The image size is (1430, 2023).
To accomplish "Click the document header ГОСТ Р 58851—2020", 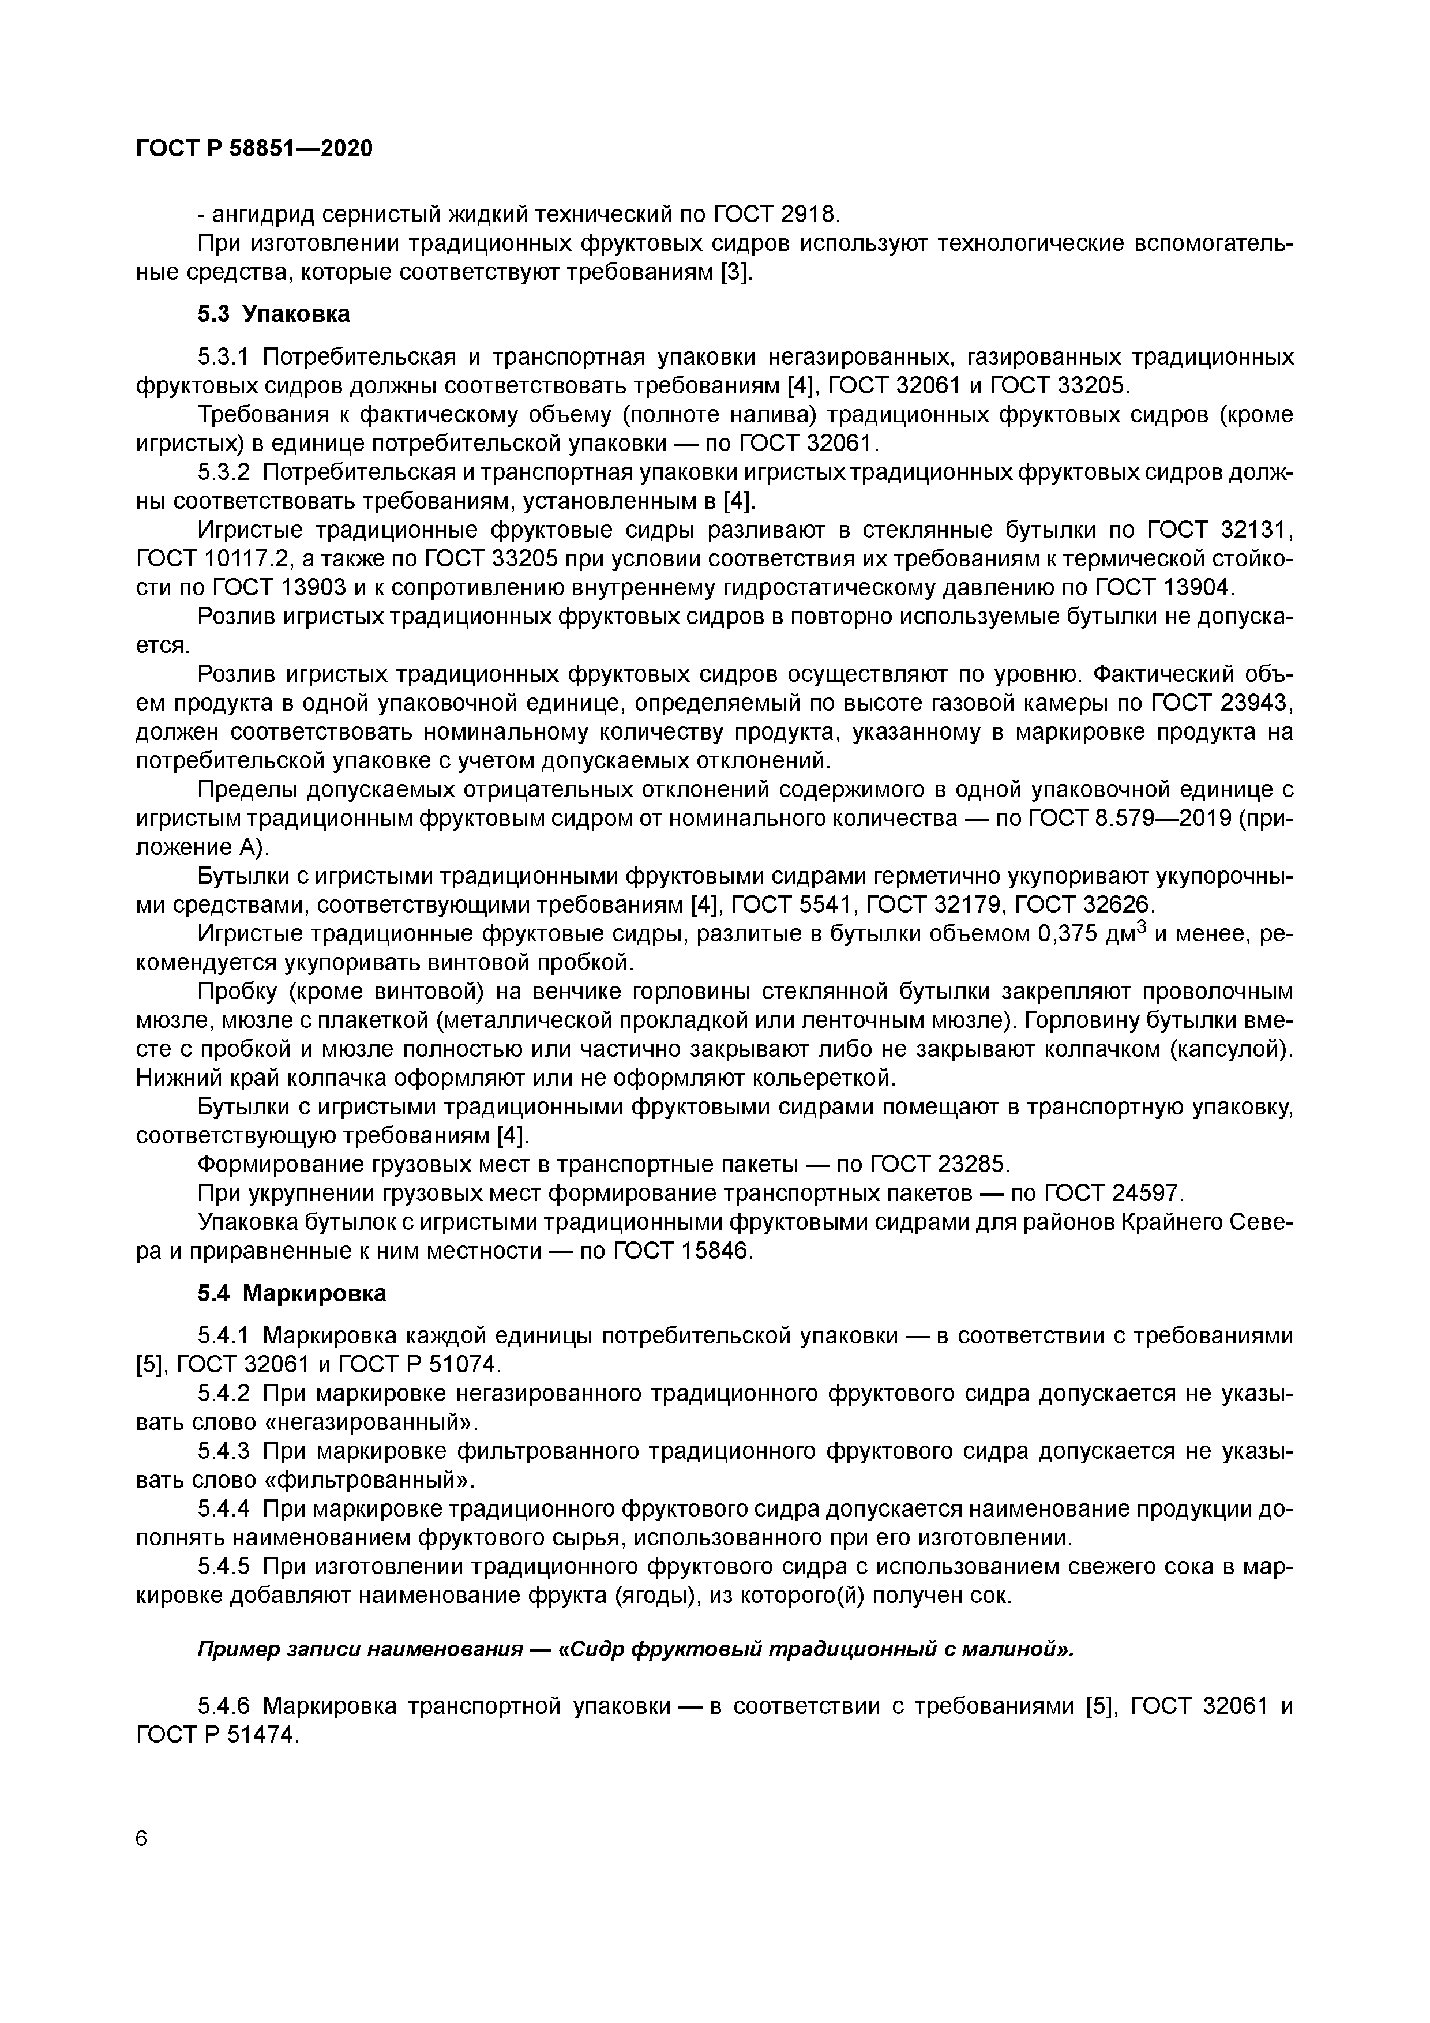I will pos(254,149).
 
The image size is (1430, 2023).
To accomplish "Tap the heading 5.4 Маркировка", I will pos(292,1293).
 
